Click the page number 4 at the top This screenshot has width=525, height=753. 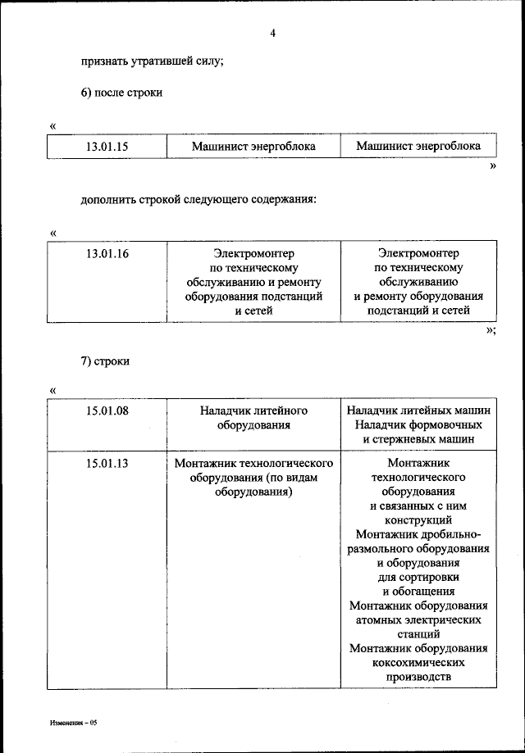coord(272,34)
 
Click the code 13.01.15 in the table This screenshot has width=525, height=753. coord(107,147)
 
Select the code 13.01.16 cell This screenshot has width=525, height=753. coord(107,254)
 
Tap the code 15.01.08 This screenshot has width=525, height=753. coord(107,411)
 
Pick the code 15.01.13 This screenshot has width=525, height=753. coord(107,464)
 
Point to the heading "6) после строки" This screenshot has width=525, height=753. coord(121,93)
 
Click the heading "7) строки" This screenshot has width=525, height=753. coord(105,361)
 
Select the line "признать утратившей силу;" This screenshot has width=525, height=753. coord(153,61)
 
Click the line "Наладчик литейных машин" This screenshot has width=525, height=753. coord(418,411)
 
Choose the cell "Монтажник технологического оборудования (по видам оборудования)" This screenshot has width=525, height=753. coord(253,479)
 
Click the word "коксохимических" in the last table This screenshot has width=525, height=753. coord(418,662)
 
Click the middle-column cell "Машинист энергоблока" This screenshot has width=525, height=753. coord(253,147)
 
